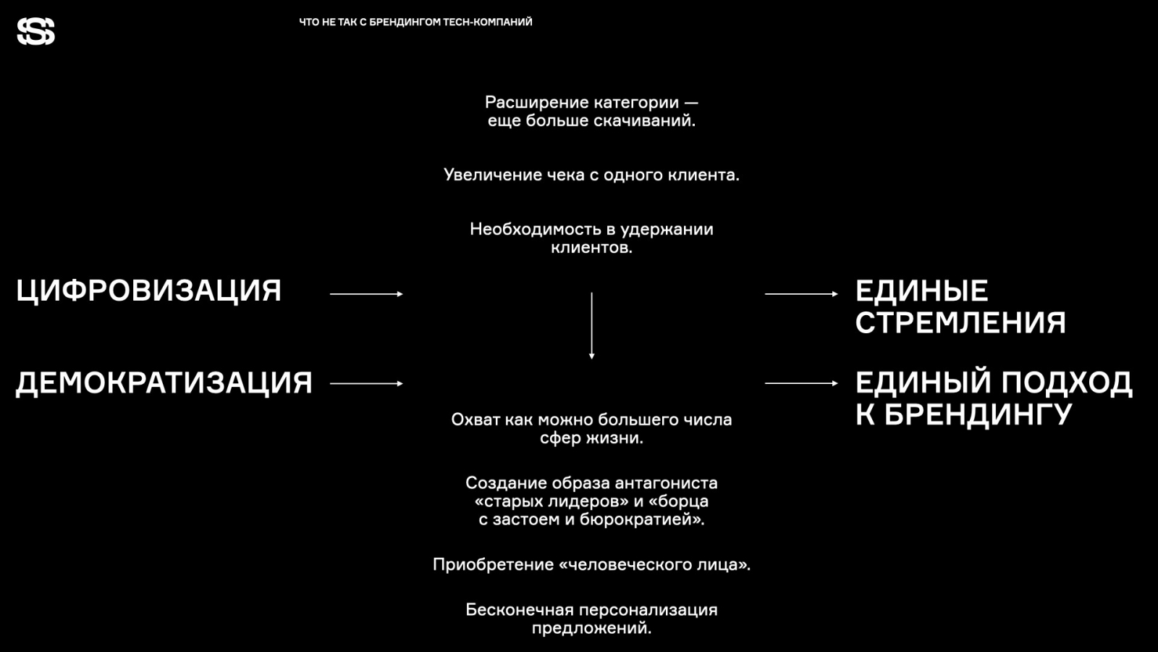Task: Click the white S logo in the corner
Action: point(36,32)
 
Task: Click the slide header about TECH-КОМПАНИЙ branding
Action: point(415,22)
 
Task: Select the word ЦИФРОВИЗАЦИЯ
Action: point(148,291)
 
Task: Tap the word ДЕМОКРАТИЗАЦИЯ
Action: point(164,383)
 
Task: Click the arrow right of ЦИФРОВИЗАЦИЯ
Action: point(366,294)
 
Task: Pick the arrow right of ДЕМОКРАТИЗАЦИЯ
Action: point(366,383)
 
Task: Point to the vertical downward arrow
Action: point(591,326)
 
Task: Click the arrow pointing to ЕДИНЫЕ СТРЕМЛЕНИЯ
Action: point(801,294)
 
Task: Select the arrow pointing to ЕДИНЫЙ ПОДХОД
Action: point(801,383)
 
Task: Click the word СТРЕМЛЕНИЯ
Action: point(960,323)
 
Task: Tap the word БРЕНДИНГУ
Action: point(978,415)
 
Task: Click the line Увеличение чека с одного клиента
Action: point(591,175)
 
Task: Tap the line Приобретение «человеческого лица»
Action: point(591,565)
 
